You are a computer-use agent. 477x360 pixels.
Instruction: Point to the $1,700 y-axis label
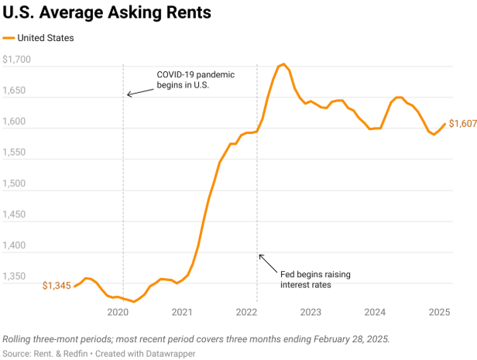coord(17,60)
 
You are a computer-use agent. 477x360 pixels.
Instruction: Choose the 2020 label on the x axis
coord(118,312)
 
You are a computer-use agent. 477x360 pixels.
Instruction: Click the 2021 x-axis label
coord(182,312)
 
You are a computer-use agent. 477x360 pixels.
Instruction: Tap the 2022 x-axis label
coord(246,312)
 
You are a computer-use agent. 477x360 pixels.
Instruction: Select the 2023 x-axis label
coord(311,312)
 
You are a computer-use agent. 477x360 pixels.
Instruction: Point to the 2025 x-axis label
coord(439,312)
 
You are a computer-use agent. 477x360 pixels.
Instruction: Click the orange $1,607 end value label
coord(462,125)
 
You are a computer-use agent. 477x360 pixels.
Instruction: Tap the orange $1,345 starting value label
coord(57,286)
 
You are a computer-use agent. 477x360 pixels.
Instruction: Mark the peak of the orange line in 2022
coord(283,64)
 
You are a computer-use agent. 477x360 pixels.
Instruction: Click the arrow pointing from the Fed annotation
coord(266,262)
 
